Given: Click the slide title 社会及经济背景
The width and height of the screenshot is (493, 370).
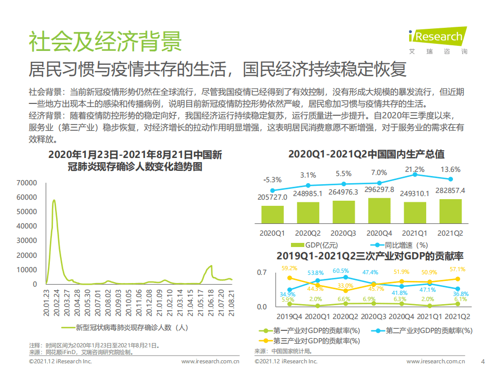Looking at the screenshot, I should pyautogui.click(x=105, y=41).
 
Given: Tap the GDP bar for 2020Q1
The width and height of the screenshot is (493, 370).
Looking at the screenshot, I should pyautogui.click(x=272, y=214).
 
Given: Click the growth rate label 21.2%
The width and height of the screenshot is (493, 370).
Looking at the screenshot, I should pyautogui.click(x=414, y=169).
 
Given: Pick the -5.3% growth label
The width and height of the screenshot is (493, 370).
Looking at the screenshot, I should pyautogui.click(x=272, y=180).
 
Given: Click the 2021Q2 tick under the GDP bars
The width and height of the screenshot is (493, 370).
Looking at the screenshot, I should pyautogui.click(x=450, y=233).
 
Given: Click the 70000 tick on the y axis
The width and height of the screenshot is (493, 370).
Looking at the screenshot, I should pyautogui.click(x=27, y=183).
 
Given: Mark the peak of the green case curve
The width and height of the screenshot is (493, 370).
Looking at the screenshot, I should pyautogui.click(x=54, y=200).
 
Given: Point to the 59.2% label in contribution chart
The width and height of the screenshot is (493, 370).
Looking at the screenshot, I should pyautogui.click(x=289, y=268).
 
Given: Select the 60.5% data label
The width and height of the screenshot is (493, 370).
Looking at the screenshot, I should pyautogui.click(x=340, y=271).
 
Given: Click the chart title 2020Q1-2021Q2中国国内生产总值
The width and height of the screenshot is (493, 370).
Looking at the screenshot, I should pyautogui.click(x=366, y=154).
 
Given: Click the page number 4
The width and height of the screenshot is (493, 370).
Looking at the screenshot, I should pyautogui.click(x=482, y=361).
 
